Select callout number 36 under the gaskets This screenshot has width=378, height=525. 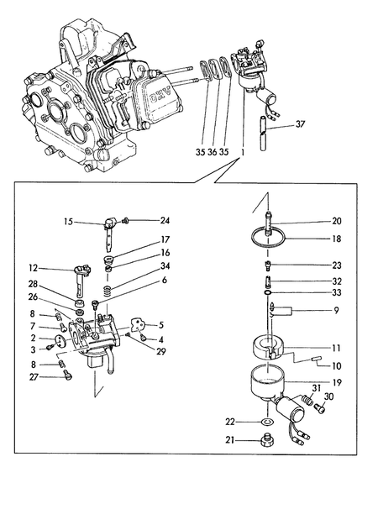click(211, 153)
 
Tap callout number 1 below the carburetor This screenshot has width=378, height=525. click(242, 153)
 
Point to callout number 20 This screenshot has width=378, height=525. click(337, 222)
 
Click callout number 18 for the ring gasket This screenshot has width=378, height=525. click(337, 239)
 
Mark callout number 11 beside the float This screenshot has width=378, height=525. click(337, 347)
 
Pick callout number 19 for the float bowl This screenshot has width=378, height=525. click(337, 382)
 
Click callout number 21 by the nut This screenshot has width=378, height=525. click(230, 439)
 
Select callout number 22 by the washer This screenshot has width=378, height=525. click(230, 421)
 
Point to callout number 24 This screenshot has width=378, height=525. click(165, 221)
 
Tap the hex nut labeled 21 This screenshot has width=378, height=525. click(268, 439)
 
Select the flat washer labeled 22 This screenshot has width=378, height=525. click(267, 421)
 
